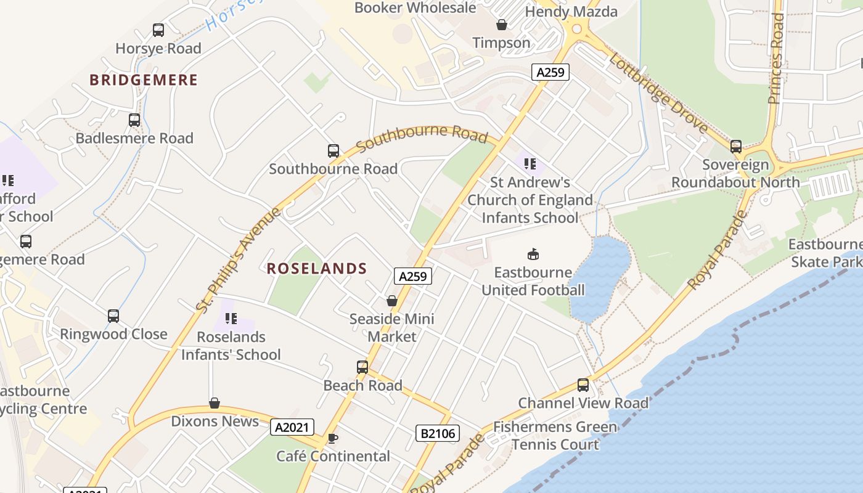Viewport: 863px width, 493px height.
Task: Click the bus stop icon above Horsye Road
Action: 158,30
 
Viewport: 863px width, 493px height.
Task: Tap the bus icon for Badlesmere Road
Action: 134,120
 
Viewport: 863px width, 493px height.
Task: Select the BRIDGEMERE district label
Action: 144,80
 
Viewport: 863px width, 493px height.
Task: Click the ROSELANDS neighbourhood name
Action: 317,269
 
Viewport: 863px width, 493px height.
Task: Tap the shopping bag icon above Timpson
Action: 502,25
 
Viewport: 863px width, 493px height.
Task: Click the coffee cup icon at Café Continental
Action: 333,438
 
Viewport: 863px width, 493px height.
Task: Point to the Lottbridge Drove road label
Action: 658,92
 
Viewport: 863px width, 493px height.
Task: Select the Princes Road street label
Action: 776,59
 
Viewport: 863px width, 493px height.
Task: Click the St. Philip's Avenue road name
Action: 239,259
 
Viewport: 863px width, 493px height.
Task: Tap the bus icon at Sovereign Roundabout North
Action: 736,147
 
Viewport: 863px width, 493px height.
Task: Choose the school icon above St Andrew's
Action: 530,164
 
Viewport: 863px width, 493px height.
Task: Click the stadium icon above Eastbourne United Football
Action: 533,254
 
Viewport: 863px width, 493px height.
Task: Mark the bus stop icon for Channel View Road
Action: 583,385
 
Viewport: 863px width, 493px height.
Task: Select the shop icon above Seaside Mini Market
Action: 391,301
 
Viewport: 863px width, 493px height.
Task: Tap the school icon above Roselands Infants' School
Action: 231,319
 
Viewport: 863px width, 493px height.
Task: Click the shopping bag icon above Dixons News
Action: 215,403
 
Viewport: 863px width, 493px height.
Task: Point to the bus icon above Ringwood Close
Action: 113,316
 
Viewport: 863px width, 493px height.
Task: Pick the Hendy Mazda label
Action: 571,11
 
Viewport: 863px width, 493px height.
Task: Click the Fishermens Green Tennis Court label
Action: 555,436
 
